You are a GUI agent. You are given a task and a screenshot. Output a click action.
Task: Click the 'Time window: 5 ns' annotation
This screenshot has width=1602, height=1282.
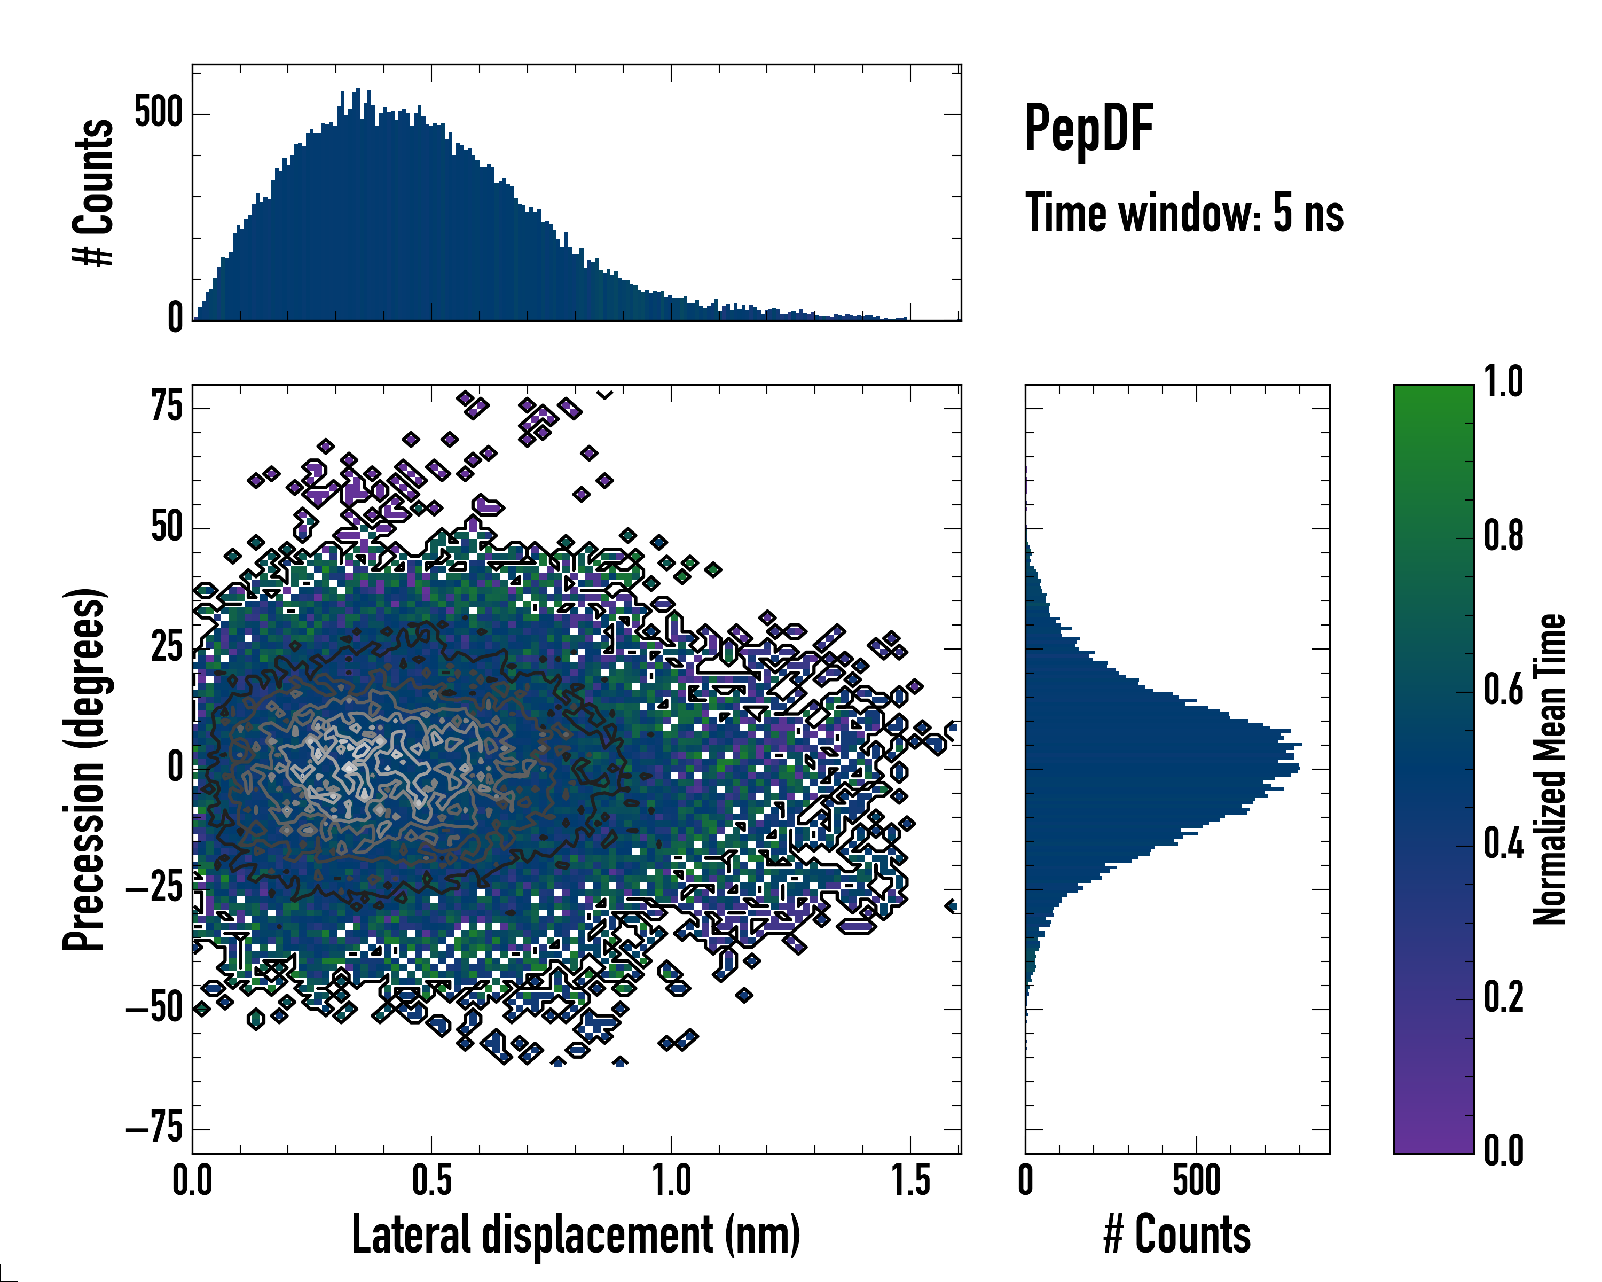click(1184, 213)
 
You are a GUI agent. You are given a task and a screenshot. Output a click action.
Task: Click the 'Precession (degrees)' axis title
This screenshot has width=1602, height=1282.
click(83, 769)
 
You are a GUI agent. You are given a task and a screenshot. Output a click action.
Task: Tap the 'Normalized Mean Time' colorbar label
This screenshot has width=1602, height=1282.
click(1549, 769)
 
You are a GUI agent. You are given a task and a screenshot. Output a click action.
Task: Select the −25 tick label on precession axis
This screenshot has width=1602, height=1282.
click(154, 888)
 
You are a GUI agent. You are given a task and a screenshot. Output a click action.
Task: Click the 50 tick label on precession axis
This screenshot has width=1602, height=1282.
click(167, 528)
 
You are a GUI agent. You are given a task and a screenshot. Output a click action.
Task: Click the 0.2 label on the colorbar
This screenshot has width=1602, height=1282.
click(1503, 997)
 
